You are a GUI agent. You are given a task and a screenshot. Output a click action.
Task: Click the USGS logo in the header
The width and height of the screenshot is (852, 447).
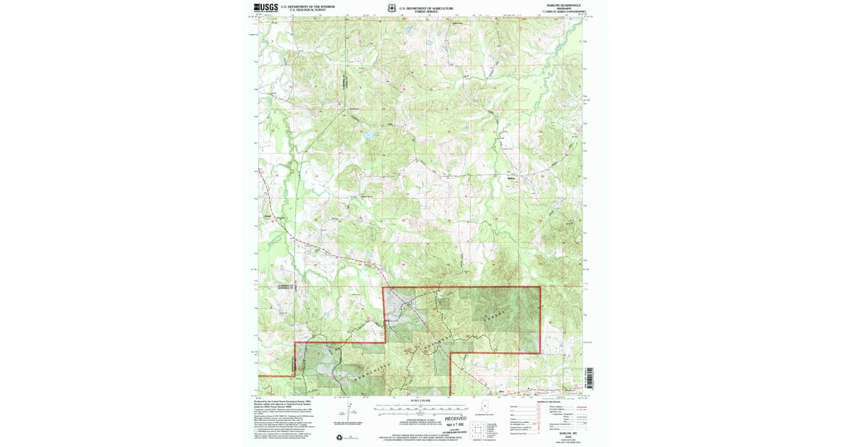(266, 8)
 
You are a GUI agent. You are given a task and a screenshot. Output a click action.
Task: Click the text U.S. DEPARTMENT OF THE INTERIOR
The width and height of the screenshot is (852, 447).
(307, 6)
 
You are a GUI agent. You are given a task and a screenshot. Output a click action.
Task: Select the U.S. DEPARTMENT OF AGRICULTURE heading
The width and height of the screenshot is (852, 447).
(425, 6)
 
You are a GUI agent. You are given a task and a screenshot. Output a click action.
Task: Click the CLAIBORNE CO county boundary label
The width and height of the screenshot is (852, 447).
(280, 287)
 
